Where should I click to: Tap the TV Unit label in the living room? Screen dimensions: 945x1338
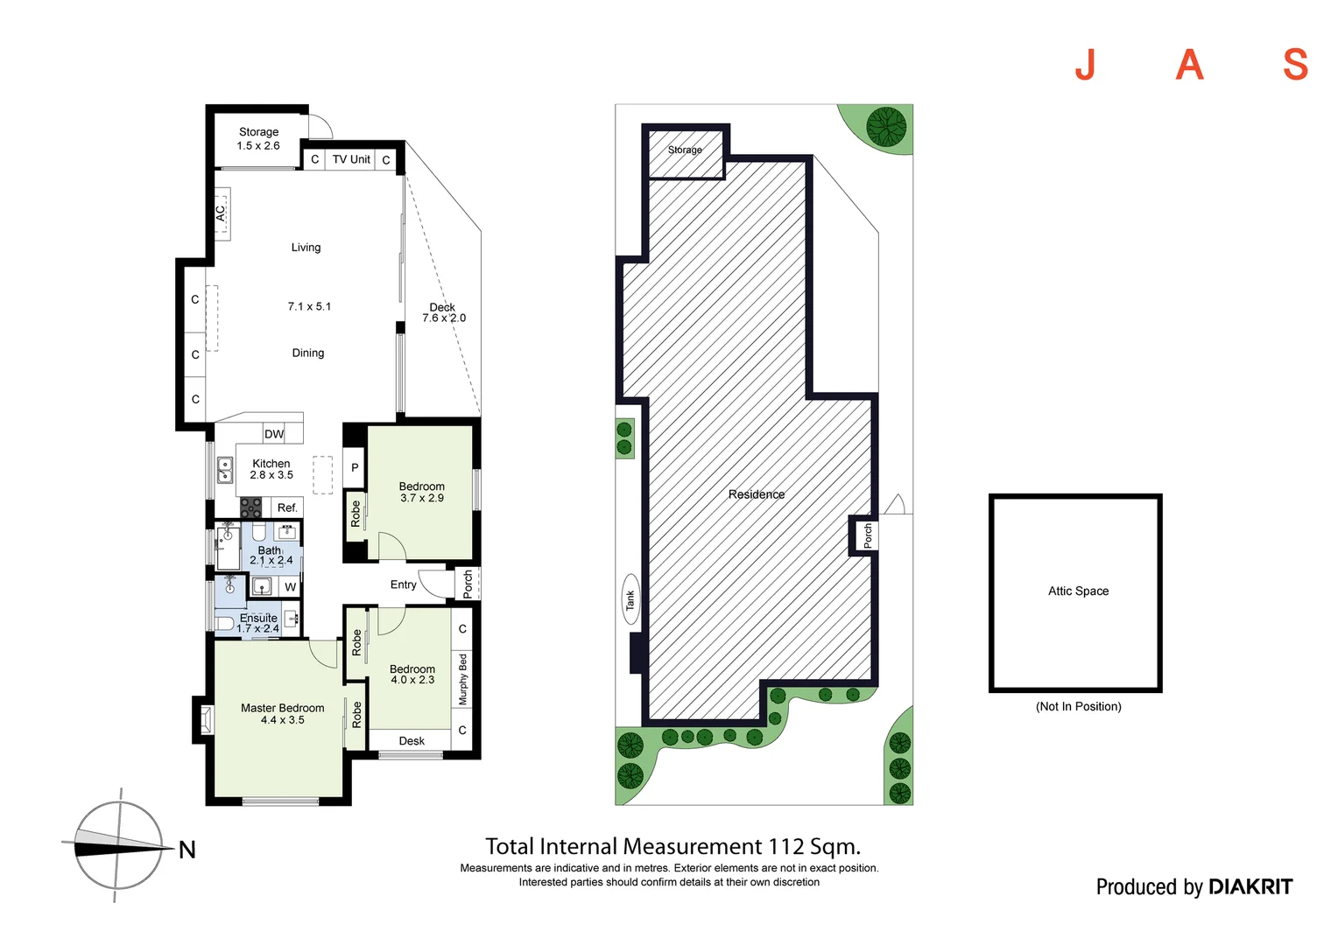[351, 159]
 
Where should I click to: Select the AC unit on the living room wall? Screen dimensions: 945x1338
[222, 213]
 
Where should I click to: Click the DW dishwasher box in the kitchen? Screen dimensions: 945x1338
[274, 434]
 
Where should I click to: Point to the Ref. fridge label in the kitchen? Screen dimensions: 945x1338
[287, 507]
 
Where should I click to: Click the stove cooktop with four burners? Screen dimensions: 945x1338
[251, 507]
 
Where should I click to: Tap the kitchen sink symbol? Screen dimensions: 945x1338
[225, 471]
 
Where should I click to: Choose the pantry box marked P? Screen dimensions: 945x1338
[355, 468]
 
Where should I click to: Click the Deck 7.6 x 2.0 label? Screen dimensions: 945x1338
[443, 313]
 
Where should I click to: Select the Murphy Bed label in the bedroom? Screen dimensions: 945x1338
[463, 680]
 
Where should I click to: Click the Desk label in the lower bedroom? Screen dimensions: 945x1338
[412, 741]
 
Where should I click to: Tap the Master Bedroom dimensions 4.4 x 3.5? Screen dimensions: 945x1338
[282, 720]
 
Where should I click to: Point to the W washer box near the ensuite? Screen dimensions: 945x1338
[290, 587]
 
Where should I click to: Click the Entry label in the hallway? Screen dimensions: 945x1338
[403, 584]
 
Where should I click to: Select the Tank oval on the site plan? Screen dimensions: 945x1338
[630, 599]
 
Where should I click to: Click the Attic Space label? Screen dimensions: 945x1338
[1078, 591]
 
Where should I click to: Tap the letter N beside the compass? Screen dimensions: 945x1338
[187, 850]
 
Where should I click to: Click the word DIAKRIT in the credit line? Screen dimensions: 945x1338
[1250, 887]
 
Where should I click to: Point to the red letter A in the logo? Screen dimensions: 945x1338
[1189, 65]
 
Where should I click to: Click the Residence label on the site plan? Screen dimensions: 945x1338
[757, 494]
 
